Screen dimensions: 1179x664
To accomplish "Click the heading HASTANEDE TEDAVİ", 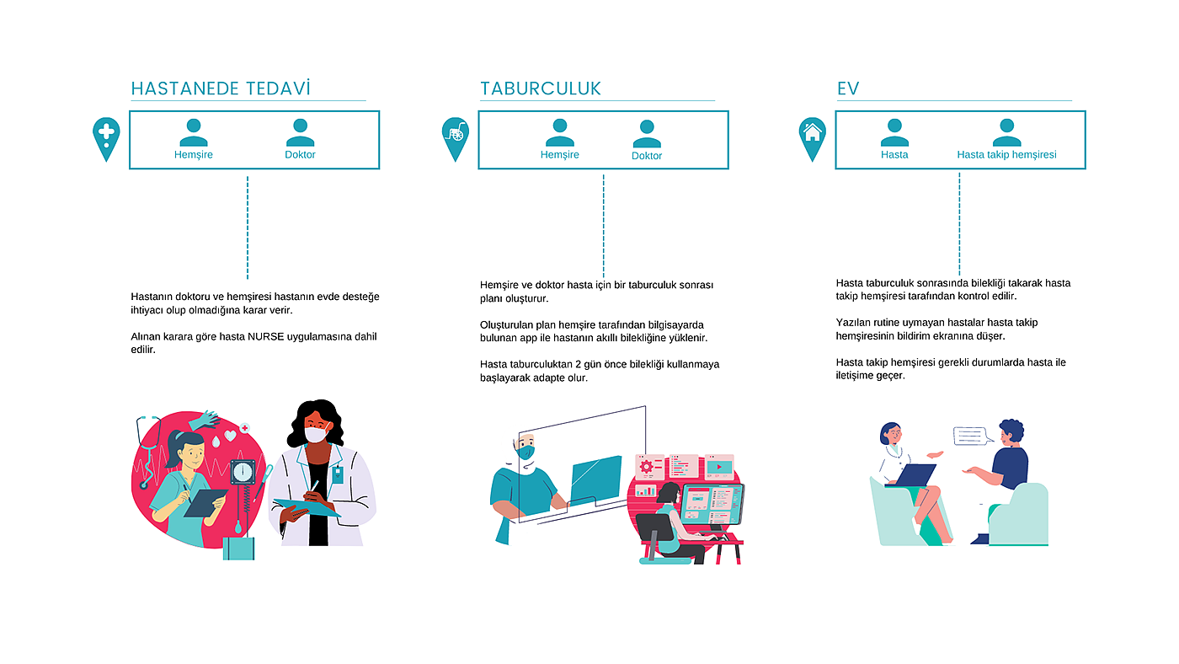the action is (221, 88).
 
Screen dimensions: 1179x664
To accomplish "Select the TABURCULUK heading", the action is (541, 88).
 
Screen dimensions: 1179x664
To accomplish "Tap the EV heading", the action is (847, 88).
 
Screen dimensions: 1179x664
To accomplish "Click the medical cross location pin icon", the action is (106, 137).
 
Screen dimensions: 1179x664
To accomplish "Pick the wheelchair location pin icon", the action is (455, 137).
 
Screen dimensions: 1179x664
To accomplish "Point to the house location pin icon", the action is (812, 137).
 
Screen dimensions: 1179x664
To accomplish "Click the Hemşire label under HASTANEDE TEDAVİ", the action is (194, 155).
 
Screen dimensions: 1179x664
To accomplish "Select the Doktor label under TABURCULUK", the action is (647, 156).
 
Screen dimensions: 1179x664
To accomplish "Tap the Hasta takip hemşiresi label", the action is (1006, 155).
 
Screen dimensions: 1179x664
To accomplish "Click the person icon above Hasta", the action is (894, 132).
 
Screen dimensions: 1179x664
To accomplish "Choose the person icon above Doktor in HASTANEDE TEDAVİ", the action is (300, 132).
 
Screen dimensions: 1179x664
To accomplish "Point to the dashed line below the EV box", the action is (959, 223).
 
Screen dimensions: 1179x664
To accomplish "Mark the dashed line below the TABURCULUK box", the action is (603, 226).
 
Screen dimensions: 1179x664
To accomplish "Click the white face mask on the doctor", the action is (315, 435).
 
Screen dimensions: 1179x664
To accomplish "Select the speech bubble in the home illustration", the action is (969, 436).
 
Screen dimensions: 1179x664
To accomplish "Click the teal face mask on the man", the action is (526, 452).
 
